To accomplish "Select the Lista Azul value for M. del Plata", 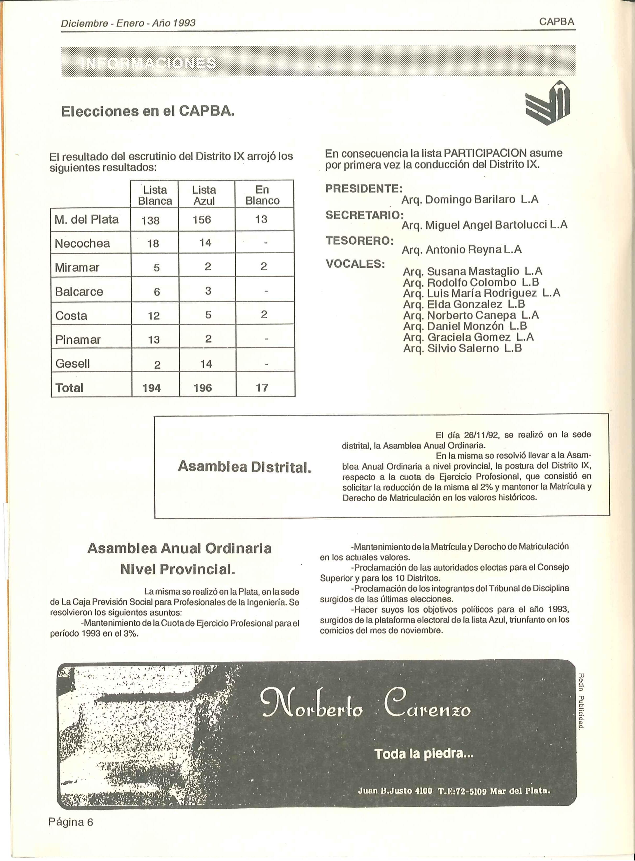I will pyautogui.click(x=202, y=220).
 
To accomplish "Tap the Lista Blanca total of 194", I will pyautogui.click(x=151, y=388).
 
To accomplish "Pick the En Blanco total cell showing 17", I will pyautogui.click(x=262, y=388).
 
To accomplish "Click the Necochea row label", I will pyautogui.click(x=82, y=243).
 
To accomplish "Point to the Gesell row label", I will pyautogui.click(x=73, y=363).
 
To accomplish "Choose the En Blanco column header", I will pyautogui.click(x=263, y=195).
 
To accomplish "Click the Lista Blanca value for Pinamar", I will pyautogui.click(x=154, y=340).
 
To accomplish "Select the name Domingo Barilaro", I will pyautogui.click(x=470, y=200).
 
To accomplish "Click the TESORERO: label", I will pyautogui.click(x=359, y=241).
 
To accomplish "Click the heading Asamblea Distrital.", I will pyautogui.click(x=244, y=467).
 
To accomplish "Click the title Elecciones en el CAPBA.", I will pyautogui.click(x=148, y=111).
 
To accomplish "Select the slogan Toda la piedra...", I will pyautogui.click(x=424, y=754).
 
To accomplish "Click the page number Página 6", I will pyautogui.click(x=71, y=822).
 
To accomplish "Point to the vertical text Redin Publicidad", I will pyautogui.click(x=581, y=700).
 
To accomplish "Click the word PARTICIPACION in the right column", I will pyautogui.click(x=485, y=153).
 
